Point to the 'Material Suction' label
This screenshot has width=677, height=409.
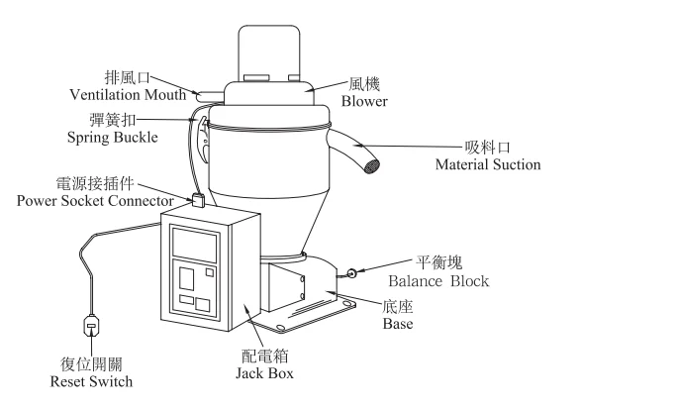pyautogui.click(x=488, y=163)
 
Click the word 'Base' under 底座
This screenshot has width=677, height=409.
pyautogui.click(x=399, y=324)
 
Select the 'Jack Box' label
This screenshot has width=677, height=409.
pyautogui.click(x=264, y=374)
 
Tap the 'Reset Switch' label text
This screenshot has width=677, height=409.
pyautogui.click(x=90, y=381)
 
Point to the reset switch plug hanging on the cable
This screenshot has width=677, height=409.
pyautogui.click(x=90, y=326)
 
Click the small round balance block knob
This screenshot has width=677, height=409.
pyautogui.click(x=352, y=268)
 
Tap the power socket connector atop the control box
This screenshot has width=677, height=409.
pyautogui.click(x=198, y=201)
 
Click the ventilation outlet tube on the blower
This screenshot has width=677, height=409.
pyautogui.click(x=210, y=94)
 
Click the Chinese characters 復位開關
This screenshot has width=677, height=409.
pyautogui.click(x=90, y=363)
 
